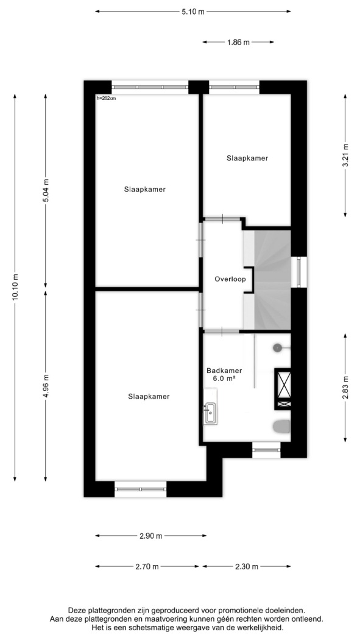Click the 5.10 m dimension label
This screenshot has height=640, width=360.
pyautogui.click(x=193, y=12)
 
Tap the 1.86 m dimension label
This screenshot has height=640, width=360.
pyautogui.click(x=238, y=42)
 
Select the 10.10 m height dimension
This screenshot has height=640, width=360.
pyautogui.click(x=15, y=288)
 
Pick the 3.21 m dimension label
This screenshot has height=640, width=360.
pyautogui.click(x=345, y=155)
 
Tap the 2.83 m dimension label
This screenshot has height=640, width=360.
pyautogui.click(x=345, y=388)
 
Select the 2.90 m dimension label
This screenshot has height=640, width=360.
pyautogui.click(x=150, y=536)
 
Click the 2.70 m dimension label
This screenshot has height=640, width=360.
pyautogui.click(x=147, y=566)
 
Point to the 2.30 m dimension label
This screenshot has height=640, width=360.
pyautogui.click(x=247, y=566)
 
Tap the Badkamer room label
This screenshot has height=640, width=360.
pyautogui.click(x=224, y=371)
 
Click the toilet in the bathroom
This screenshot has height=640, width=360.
pyautogui.click(x=281, y=427)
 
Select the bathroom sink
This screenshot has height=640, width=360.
pyautogui.click(x=210, y=412)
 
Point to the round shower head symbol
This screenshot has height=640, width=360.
pyautogui.click(x=277, y=348)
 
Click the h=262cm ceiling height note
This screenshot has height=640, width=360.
pyautogui.click(x=106, y=98)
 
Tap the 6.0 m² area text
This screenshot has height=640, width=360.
pyautogui.click(x=225, y=379)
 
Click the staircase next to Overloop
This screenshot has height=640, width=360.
pyautogui.click(x=272, y=280)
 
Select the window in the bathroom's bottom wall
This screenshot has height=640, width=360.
pyautogui.click(x=266, y=450)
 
